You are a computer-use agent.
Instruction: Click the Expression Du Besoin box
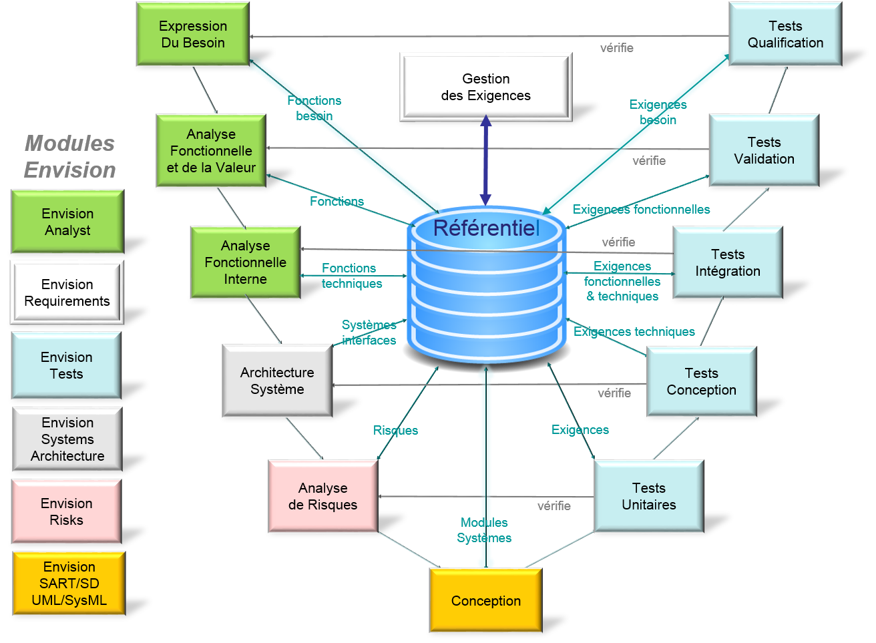[193, 34]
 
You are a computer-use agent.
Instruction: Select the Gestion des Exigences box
[485, 87]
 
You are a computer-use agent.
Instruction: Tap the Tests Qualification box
[785, 34]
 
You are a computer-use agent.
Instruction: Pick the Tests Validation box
[764, 150]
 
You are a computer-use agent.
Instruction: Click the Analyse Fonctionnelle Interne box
[245, 262]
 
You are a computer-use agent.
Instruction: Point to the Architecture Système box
[277, 381]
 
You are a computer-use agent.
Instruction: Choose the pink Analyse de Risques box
[323, 496]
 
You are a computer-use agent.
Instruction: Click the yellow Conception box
[485, 600]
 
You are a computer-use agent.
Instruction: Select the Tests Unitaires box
[648, 496]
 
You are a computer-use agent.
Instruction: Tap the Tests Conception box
[701, 381]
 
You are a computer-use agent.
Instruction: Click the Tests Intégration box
[727, 262]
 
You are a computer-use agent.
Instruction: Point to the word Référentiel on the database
[486, 228]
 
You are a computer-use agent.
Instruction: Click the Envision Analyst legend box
[67, 222]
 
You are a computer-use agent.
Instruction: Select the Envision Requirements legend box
[67, 292]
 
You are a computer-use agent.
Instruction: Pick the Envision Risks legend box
[67, 511]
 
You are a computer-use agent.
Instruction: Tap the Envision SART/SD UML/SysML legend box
[69, 583]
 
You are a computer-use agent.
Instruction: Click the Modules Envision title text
[70, 157]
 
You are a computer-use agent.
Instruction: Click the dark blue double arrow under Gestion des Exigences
[485, 160]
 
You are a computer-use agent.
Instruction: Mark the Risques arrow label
[395, 431]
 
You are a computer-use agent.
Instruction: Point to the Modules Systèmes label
[484, 530]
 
